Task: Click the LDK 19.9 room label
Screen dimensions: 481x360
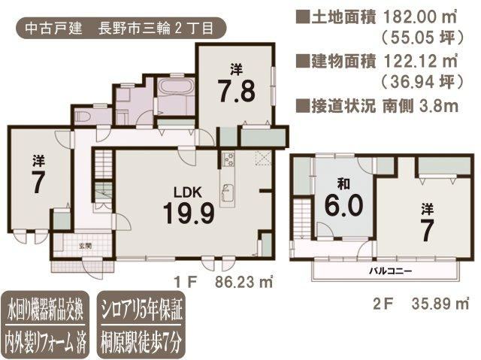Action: pos(189,205)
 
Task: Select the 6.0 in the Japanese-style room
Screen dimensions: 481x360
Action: pos(344,205)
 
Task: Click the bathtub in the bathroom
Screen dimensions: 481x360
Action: pos(176,86)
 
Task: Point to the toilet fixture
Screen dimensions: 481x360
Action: pos(82,116)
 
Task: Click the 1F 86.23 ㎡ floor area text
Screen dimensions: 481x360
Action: pos(223,282)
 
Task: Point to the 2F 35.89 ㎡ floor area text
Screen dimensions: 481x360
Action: pos(421,304)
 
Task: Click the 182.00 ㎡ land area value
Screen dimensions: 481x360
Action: pos(420,17)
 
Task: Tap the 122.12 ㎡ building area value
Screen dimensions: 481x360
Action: pos(420,62)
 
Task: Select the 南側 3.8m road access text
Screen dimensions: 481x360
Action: pos(420,106)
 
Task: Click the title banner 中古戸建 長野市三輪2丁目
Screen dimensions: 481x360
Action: pos(120,29)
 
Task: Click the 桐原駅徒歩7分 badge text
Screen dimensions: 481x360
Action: pos(141,341)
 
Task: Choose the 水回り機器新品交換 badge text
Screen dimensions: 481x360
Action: pos(45,310)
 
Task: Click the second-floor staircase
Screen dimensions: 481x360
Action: pos(303,219)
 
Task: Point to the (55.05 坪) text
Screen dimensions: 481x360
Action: pos(421,37)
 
